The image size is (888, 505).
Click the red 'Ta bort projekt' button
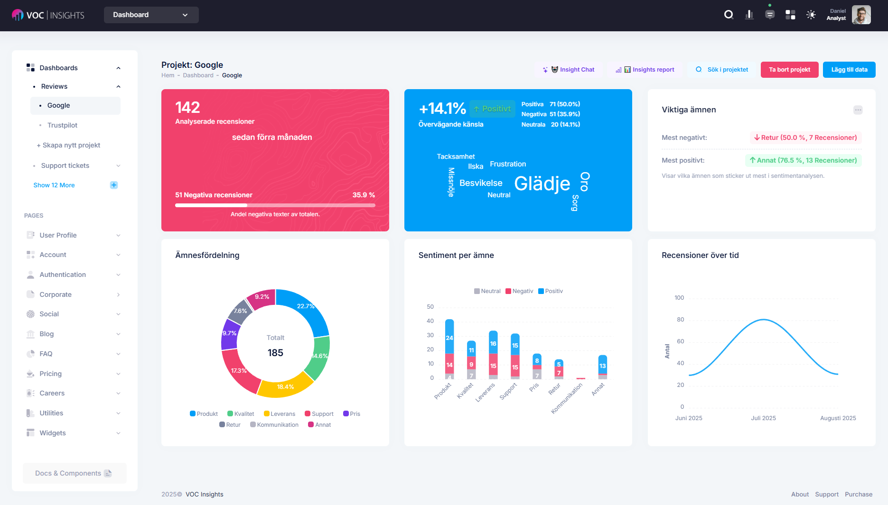tap(789, 70)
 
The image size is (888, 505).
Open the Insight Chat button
tap(569, 70)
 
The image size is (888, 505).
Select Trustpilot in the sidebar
tap(62, 125)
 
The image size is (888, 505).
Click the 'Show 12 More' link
tap(54, 185)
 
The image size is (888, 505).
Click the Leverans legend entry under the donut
tap(280, 414)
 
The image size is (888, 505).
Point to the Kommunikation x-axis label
tap(567, 398)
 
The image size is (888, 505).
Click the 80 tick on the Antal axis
tap(680, 320)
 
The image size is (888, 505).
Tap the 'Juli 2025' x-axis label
tap(763, 418)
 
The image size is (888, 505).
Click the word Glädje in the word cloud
tap(542, 184)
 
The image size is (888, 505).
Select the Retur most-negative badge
tap(805, 138)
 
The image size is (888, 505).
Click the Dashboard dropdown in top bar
tap(151, 15)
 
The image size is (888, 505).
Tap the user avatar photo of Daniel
tap(861, 15)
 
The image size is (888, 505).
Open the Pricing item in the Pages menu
tap(51, 374)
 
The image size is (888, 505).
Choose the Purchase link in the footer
tap(858, 494)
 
